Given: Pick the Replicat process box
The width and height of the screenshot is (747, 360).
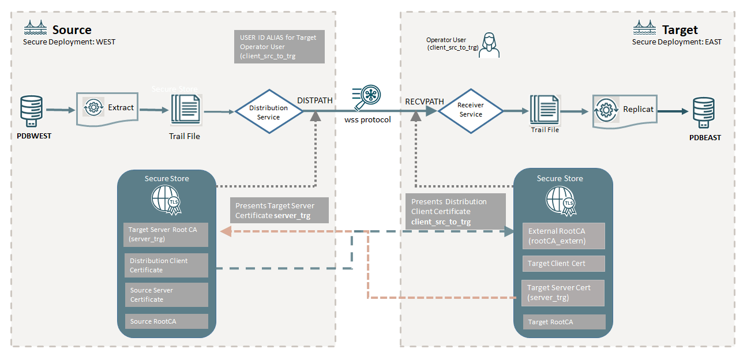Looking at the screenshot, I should point(625,110).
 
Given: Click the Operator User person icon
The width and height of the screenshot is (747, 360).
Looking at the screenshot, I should point(489,45).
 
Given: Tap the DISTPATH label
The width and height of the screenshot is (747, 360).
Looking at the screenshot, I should point(314,100).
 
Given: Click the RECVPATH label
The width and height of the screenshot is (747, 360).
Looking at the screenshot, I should point(425,102).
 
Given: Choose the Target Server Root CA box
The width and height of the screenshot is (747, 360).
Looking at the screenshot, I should point(166,234).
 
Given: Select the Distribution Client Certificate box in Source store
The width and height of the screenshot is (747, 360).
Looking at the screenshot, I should point(166,265).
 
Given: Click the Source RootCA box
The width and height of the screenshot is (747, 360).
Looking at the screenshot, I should point(166,321).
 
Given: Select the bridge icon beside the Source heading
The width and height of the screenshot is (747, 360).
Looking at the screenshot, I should point(35,28).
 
